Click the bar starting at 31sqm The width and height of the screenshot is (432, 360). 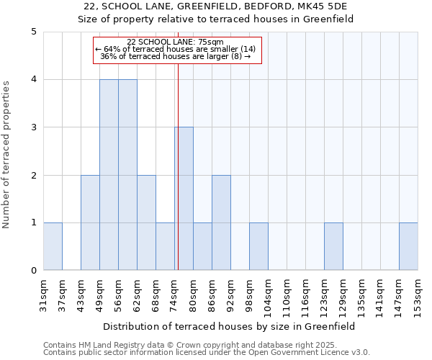pyautogui.click(x=53, y=247)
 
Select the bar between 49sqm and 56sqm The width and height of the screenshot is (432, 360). pyautogui.click(x=109, y=175)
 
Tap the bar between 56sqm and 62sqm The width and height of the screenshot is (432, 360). pyautogui.click(x=127, y=175)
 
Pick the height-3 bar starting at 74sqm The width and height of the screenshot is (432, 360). pyautogui.click(x=184, y=199)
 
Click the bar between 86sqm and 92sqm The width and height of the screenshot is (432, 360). pyautogui.click(x=221, y=222)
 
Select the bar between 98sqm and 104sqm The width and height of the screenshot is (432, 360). pyautogui.click(x=258, y=247)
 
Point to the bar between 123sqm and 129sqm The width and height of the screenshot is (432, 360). pyautogui.click(x=333, y=247)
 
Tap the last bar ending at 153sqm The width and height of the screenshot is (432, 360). pyautogui.click(x=408, y=247)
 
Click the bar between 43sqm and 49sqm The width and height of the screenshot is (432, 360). pyautogui.click(x=90, y=222)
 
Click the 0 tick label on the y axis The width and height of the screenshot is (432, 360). pyautogui.click(x=34, y=271)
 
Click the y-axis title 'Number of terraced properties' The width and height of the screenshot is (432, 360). pyautogui.click(x=6, y=154)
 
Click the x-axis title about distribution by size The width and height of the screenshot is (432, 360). pyautogui.click(x=230, y=326)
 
